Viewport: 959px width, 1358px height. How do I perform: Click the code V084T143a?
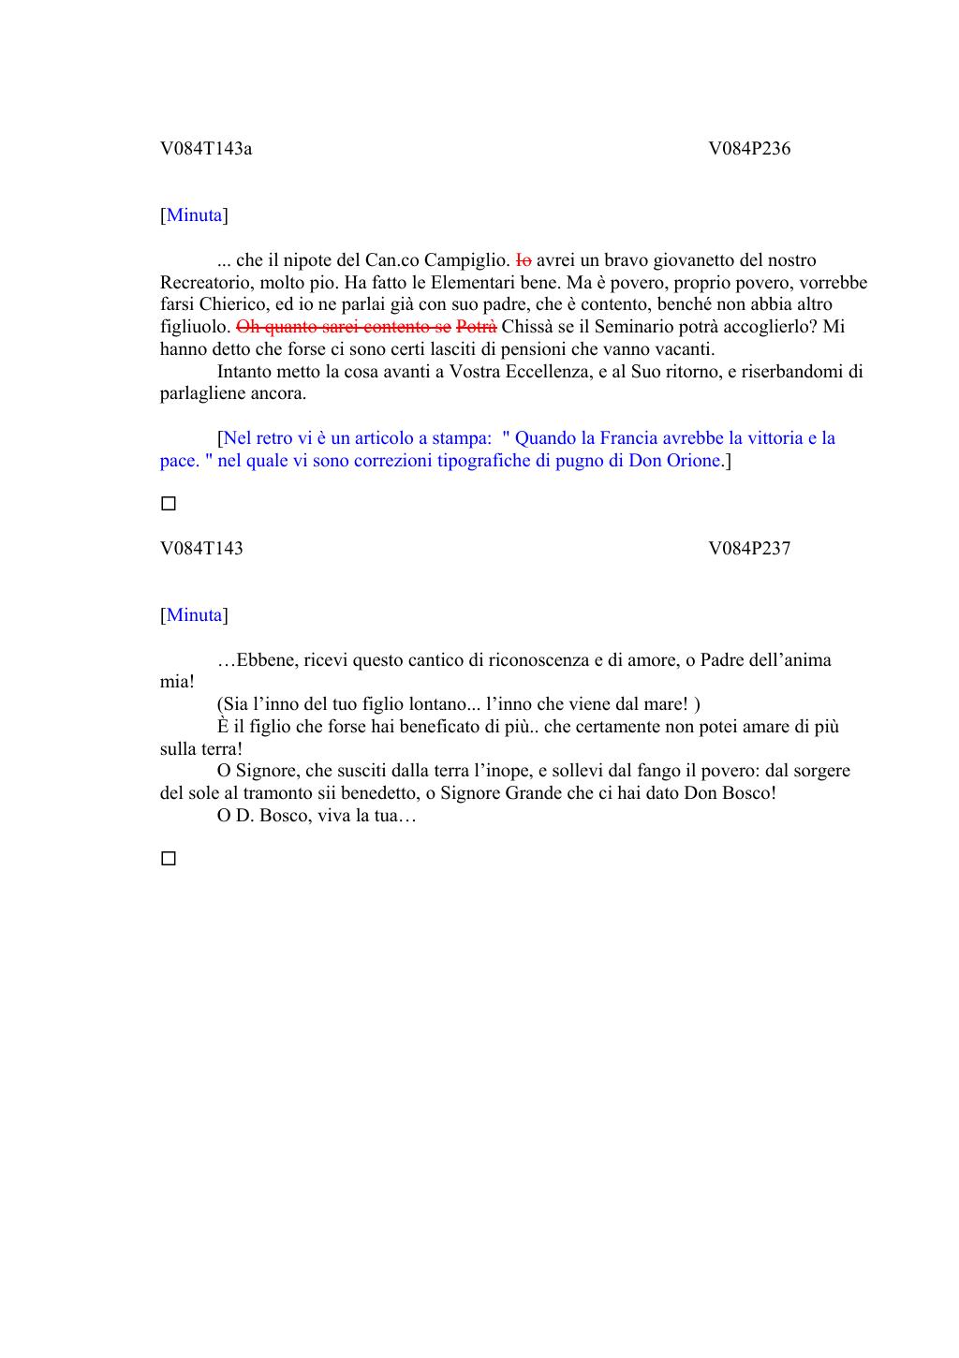(206, 148)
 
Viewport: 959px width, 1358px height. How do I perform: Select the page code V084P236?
(749, 148)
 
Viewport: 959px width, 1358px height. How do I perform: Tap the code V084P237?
(749, 548)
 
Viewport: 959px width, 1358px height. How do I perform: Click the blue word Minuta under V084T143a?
(195, 215)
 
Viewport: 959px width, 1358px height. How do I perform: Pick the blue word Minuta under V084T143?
(195, 615)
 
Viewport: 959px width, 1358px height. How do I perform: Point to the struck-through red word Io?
(524, 260)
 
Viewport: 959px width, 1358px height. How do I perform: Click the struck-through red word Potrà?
(477, 327)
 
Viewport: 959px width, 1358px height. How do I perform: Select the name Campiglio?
(466, 260)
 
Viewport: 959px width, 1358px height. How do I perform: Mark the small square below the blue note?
(169, 504)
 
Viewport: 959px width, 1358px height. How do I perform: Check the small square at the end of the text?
(169, 858)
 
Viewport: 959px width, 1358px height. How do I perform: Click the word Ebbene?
(265, 660)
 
